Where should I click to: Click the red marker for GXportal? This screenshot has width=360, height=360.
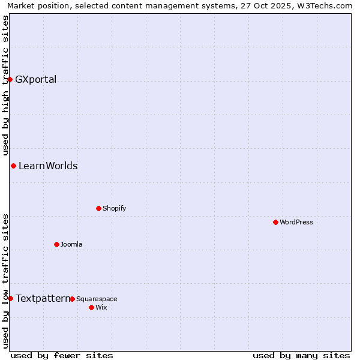tap(10, 79)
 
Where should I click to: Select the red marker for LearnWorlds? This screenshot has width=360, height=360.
tap(13, 166)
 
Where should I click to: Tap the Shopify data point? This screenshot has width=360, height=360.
tap(98, 208)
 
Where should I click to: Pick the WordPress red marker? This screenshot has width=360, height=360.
tap(275, 222)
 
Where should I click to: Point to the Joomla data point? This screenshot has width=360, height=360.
tap(56, 244)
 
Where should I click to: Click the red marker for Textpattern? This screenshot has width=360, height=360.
tap(10, 298)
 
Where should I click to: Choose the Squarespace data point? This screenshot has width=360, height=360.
tap(72, 299)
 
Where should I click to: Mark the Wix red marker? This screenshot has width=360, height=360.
tap(91, 307)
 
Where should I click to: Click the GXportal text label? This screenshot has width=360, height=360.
tap(36, 80)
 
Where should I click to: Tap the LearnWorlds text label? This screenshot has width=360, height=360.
tap(48, 166)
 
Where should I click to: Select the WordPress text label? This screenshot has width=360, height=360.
tap(296, 222)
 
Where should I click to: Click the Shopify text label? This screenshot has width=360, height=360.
tap(115, 208)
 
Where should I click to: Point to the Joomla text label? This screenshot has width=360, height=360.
tap(71, 244)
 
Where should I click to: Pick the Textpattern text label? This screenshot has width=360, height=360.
tap(42, 298)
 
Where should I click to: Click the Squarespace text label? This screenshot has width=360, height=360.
tap(97, 299)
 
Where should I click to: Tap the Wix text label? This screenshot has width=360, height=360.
tap(101, 307)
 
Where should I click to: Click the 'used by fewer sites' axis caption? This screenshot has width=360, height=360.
tap(62, 355)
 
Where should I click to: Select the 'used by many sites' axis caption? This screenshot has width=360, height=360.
tap(301, 355)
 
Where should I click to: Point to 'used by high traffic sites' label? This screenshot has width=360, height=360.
tap(6, 86)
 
